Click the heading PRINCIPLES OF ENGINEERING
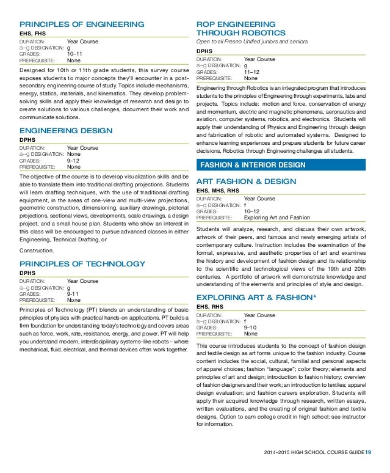click(x=82, y=24)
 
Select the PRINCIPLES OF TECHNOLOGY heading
click(x=82, y=264)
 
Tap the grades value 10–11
click(x=76, y=54)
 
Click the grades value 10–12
click(x=252, y=211)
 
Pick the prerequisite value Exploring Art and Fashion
click(x=276, y=217)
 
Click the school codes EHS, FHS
click(x=34, y=34)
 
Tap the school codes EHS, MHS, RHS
click(x=218, y=191)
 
